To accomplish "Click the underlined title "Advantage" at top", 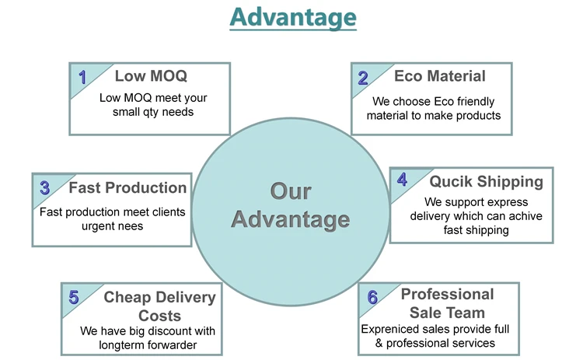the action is (x=293, y=17).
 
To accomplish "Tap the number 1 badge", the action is (x=82, y=77).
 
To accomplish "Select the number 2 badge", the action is (x=363, y=78).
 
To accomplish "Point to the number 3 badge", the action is (x=44, y=188).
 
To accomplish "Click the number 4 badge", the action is (x=402, y=180).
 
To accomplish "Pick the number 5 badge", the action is (x=74, y=298).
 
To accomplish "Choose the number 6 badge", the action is (x=372, y=297).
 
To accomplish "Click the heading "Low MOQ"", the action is (x=151, y=76).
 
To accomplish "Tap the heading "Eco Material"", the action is (x=440, y=76).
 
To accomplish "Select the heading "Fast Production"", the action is (x=127, y=188).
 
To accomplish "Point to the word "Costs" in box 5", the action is (x=159, y=316).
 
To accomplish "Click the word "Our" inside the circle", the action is (x=291, y=191).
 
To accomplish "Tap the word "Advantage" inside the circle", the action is (x=291, y=219).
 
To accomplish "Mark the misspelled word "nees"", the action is (x=131, y=226).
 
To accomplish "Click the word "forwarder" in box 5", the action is (x=173, y=345).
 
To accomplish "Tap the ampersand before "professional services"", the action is (x=379, y=343).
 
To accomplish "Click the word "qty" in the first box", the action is (x=151, y=112).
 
